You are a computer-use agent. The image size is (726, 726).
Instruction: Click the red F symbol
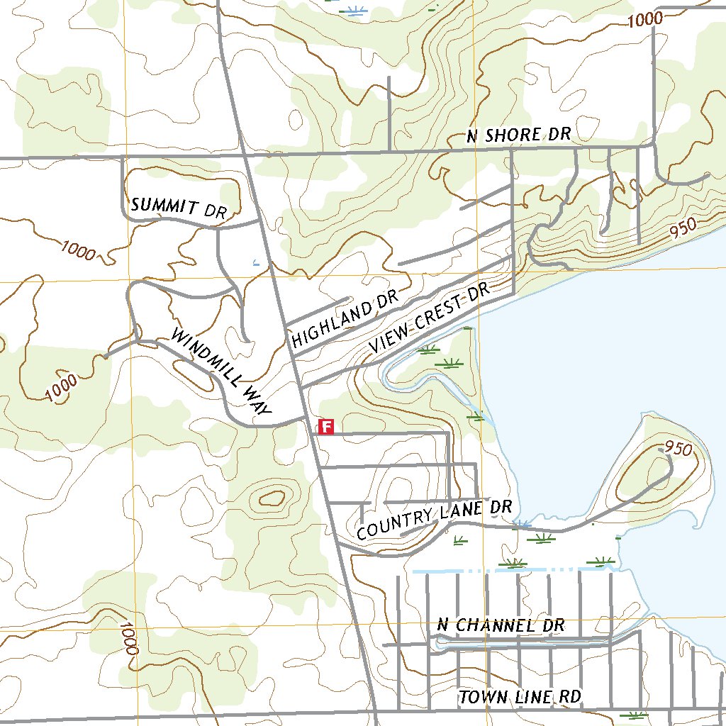(326, 426)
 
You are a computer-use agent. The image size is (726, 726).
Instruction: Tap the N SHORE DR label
(518, 135)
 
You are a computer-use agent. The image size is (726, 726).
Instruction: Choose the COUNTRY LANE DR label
(434, 520)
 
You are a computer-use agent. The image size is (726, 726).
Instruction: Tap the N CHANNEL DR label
(501, 625)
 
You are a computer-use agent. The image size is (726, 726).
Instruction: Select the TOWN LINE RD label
(520, 698)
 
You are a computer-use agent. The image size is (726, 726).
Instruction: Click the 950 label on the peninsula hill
(678, 449)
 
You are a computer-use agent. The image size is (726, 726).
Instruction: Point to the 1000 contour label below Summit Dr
(78, 250)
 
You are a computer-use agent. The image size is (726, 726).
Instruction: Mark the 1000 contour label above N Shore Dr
(645, 20)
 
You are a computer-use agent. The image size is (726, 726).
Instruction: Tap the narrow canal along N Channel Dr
(525, 642)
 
